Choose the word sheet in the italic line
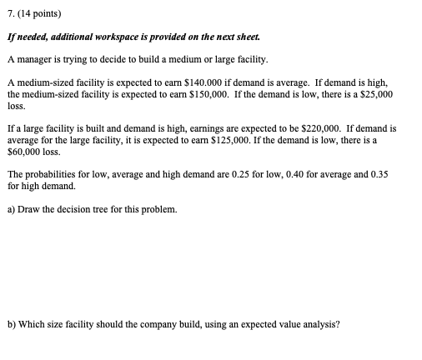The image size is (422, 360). pos(287,38)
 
